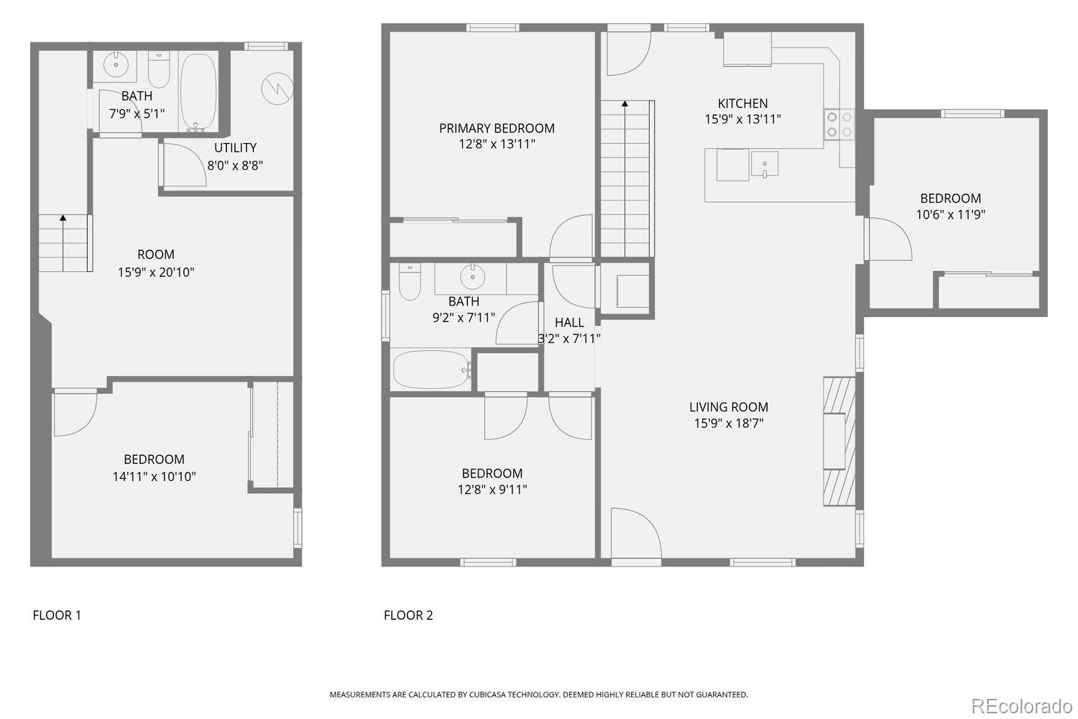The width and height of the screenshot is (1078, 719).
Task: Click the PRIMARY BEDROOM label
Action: [x=497, y=128]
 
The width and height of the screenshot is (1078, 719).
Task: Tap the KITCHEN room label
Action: [x=742, y=104]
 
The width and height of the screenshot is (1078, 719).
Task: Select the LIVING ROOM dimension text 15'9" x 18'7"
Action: [x=728, y=423]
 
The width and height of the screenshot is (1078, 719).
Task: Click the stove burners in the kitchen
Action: [x=839, y=124]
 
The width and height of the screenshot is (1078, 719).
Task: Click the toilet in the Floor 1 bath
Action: [x=159, y=70]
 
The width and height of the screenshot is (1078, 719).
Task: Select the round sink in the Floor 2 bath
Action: [x=472, y=275]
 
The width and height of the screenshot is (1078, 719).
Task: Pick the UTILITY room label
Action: [x=235, y=147]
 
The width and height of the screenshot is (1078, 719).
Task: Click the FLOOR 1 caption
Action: [x=57, y=615]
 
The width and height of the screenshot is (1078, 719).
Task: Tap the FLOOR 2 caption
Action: [x=408, y=615]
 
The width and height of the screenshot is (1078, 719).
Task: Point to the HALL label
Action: [x=569, y=323]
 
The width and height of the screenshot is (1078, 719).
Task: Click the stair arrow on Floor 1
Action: [x=63, y=217]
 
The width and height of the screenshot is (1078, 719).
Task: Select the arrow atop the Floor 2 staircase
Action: [x=625, y=104]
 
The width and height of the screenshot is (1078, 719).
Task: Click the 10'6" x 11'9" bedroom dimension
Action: [x=950, y=214]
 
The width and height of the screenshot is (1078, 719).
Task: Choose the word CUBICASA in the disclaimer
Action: [x=494, y=695]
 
